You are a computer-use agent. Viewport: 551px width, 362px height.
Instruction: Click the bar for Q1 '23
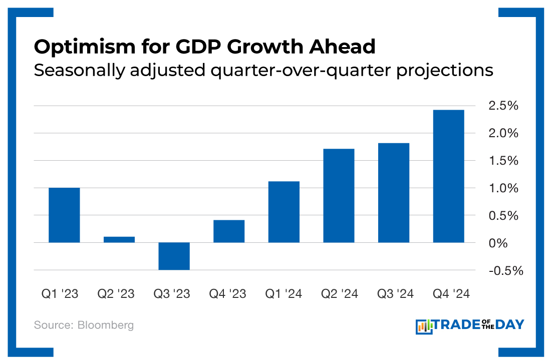(x=64, y=215)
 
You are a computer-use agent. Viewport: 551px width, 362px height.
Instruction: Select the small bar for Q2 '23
(x=119, y=239)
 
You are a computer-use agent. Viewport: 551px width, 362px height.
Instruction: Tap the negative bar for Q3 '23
(x=174, y=256)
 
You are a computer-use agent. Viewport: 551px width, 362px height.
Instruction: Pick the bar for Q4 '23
(x=229, y=231)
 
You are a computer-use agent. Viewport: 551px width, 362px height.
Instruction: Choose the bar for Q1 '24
(x=284, y=212)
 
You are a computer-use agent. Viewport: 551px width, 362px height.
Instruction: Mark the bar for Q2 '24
(x=339, y=195)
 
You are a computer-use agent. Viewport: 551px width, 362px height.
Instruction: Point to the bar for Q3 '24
(x=394, y=193)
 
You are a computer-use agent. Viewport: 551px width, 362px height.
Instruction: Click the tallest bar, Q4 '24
(x=448, y=176)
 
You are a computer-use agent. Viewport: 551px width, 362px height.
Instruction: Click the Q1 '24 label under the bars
(x=284, y=294)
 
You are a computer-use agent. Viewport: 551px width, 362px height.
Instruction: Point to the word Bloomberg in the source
(x=106, y=325)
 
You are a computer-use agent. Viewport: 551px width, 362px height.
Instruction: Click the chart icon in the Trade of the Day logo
(x=424, y=326)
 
